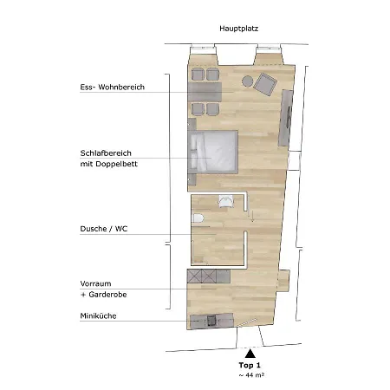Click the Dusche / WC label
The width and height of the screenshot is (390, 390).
[100, 230]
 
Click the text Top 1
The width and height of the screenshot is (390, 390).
[250, 367]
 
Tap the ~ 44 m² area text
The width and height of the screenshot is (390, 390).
[250, 377]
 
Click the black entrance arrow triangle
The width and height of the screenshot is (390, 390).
[250, 353]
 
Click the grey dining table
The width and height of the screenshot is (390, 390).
[207, 90]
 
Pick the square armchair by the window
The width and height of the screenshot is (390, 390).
[264, 84]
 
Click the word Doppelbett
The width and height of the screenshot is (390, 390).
[115, 163]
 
